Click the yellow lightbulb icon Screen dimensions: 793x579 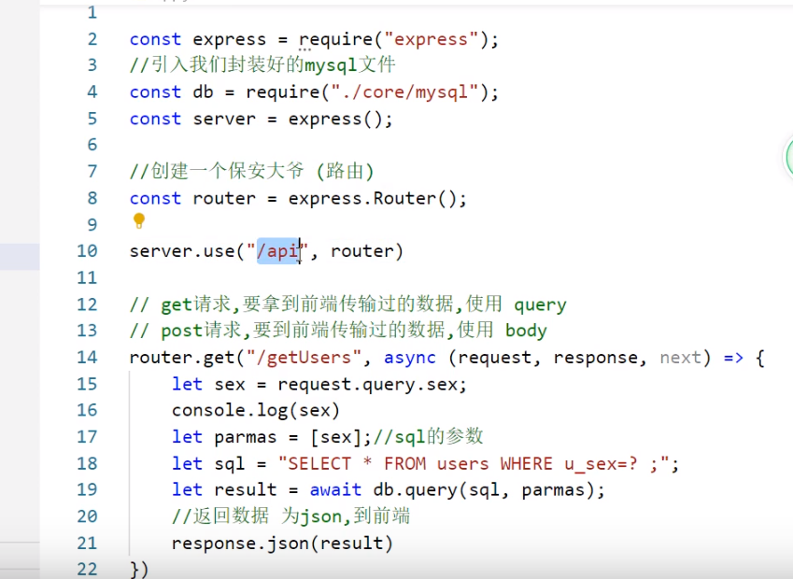click(139, 221)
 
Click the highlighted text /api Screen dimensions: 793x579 click(277, 251)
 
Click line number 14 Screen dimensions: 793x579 click(87, 358)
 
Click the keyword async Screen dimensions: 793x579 click(410, 358)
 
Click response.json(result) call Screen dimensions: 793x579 click(282, 544)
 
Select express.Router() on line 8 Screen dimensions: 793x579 click(376, 199)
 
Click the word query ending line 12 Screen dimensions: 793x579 click(539, 304)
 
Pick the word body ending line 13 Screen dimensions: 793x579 click(526, 331)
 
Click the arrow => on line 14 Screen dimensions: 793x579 click(732, 358)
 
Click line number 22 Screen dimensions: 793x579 click(87, 569)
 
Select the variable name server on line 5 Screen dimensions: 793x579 click(224, 120)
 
